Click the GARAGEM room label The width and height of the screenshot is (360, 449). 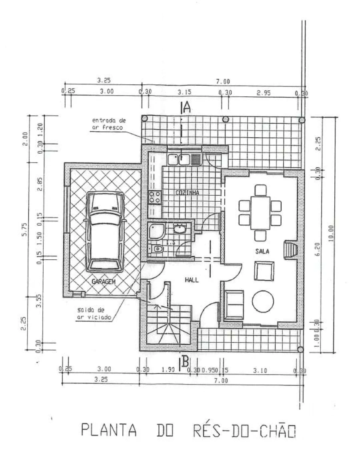tap(104, 282)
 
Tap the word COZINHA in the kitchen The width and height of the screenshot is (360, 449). tap(187, 193)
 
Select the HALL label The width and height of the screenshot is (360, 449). tap(192, 280)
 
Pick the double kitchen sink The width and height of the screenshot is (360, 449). tap(179, 159)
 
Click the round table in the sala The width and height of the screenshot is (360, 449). tap(263, 300)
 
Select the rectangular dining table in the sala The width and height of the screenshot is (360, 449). tap(260, 212)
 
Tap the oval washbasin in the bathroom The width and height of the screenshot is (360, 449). tap(179, 229)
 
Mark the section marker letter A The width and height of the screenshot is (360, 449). tap(186, 107)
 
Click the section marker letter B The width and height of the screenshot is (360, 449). tap(185, 362)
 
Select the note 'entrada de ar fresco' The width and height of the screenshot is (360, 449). tap(109, 124)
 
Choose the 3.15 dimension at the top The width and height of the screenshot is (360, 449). tap(184, 92)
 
